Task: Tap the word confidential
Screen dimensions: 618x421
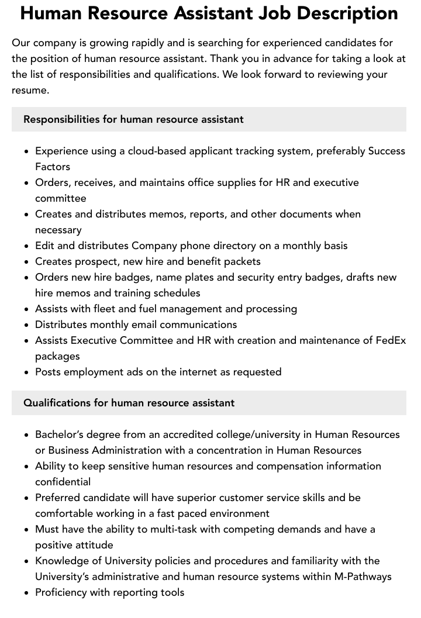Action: [x=63, y=482]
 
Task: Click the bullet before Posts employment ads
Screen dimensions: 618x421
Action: [x=26, y=372]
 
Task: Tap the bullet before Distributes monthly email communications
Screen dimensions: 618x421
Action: [x=26, y=325]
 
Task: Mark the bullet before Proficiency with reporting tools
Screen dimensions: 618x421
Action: [x=26, y=593]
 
